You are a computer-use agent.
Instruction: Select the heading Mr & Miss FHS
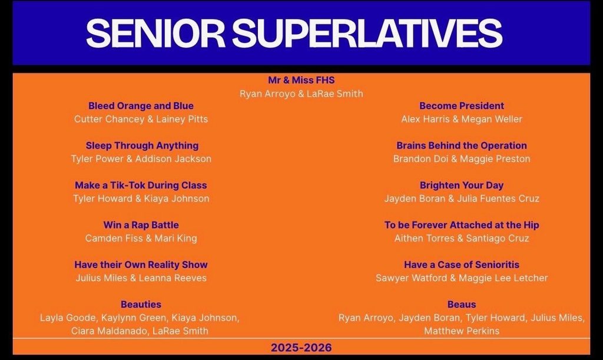(x=301, y=80)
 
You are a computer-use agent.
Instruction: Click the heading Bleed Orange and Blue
(x=141, y=106)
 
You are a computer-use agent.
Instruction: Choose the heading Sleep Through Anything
(x=142, y=146)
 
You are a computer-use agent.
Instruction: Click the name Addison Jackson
(x=179, y=158)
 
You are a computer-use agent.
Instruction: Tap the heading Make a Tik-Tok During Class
(x=141, y=185)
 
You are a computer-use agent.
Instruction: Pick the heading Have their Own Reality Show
(x=141, y=265)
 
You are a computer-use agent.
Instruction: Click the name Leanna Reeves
(x=173, y=278)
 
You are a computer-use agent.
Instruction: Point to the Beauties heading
(x=141, y=305)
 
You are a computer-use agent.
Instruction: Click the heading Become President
(x=462, y=106)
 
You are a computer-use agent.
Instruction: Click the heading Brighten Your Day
(x=462, y=185)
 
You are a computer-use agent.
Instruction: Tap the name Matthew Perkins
(x=462, y=331)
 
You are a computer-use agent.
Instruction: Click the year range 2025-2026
(x=301, y=348)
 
